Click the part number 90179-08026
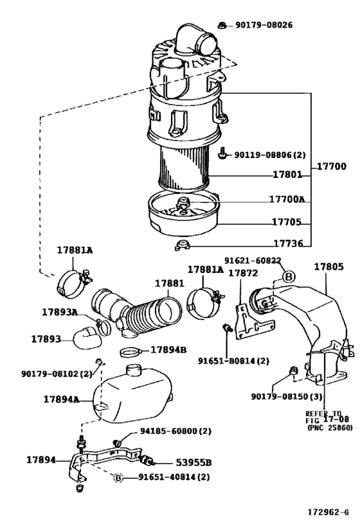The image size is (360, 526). coord(264,25)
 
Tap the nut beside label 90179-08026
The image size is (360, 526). coord(221,25)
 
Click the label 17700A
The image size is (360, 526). coord(287,199)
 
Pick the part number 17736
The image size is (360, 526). coord(289,244)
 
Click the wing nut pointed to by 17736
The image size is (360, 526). coord(182,243)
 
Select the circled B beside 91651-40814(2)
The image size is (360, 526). coord(118,477)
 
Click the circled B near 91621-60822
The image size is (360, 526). coord(289,276)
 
